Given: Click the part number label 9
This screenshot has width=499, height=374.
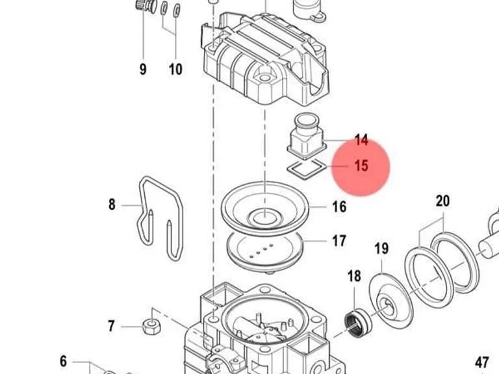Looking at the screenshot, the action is tap(143, 69).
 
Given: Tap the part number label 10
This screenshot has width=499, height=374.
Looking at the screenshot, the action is tap(175, 69).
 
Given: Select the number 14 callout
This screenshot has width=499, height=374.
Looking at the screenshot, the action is tap(361, 140).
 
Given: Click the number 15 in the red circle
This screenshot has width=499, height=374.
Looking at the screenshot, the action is tap(361, 166).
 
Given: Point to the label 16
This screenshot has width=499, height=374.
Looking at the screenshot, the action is tap(339, 206).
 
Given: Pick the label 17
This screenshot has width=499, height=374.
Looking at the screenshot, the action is tap(339, 241).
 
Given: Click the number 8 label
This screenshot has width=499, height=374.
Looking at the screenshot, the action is tap(112, 204).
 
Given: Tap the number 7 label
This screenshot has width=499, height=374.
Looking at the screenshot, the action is tap(111, 326).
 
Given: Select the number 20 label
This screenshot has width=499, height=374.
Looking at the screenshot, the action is tap(442, 201).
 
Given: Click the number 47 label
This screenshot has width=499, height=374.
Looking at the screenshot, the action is tap(482, 362).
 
